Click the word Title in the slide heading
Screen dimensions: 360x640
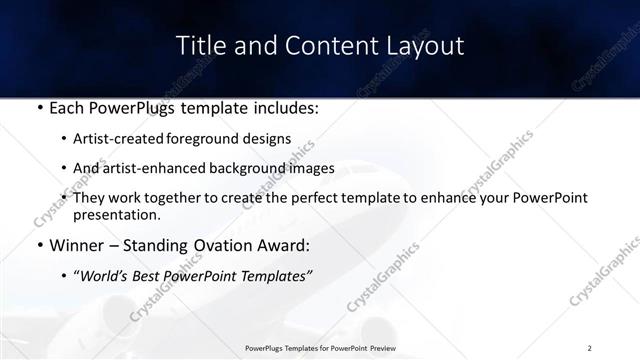click(199, 46)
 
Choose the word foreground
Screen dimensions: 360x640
click(216, 140)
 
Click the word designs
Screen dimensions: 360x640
click(272, 140)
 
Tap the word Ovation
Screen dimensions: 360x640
click(216, 245)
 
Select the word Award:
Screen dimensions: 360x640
click(284, 245)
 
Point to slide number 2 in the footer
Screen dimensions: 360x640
click(590, 347)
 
